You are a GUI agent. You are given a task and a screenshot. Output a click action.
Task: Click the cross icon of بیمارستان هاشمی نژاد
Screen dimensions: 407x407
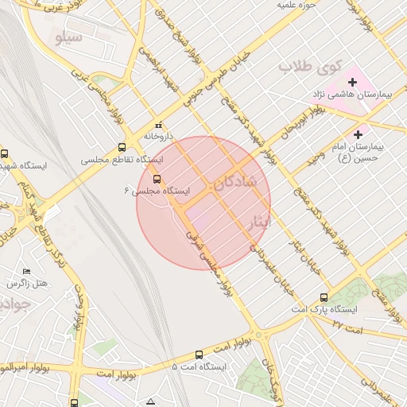click(352, 82)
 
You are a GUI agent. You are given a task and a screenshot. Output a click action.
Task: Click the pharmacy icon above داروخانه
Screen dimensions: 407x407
click(157, 125)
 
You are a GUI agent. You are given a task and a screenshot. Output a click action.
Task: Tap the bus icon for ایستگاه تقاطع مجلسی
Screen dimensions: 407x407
click(122, 147)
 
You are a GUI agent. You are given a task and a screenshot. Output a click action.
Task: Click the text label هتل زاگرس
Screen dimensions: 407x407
click(28, 284)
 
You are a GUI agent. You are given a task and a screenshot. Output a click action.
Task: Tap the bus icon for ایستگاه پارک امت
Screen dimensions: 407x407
click(299, 308)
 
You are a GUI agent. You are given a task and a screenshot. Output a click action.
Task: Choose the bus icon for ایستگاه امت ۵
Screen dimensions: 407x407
click(198, 355)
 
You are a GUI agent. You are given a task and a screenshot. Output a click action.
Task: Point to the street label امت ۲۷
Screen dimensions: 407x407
click(347, 327)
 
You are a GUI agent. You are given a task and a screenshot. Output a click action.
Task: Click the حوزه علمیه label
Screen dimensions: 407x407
click(297, 5)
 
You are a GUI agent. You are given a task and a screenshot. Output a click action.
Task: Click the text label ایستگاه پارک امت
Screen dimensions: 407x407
click(335, 308)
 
